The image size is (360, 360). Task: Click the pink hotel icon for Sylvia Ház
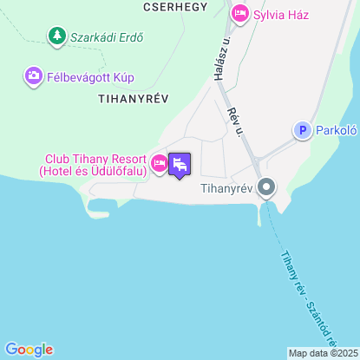[x=240, y=14]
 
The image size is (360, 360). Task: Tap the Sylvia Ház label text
[x=281, y=14]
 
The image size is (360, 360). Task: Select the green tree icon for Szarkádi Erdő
[x=56, y=36]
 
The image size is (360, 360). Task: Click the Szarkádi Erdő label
[x=108, y=37]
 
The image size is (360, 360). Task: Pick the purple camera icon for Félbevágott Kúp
[x=34, y=76]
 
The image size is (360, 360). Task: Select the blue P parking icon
[x=302, y=130]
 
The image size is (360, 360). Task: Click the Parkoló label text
[x=337, y=130]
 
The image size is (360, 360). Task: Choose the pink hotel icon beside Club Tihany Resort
[x=159, y=162]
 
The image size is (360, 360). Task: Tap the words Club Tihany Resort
[x=95, y=159]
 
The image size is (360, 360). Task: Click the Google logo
[x=29, y=349]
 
